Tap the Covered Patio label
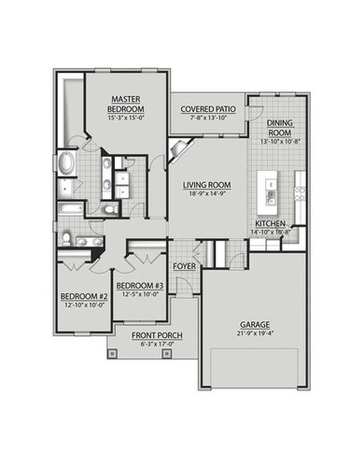tap(206, 109)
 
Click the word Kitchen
tap(270, 225)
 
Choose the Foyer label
tap(185, 264)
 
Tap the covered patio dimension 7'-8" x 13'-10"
tap(206, 119)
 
